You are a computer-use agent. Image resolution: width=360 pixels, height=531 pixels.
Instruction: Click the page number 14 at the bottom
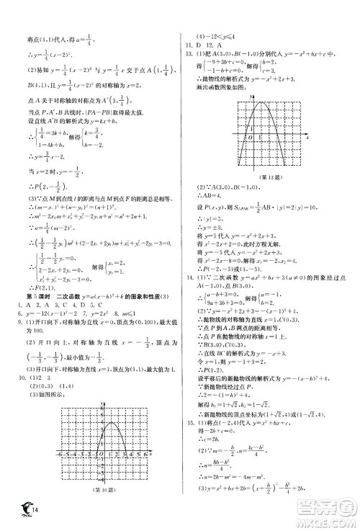point(27,513)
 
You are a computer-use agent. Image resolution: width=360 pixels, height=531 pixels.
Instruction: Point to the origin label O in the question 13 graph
point(248,137)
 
